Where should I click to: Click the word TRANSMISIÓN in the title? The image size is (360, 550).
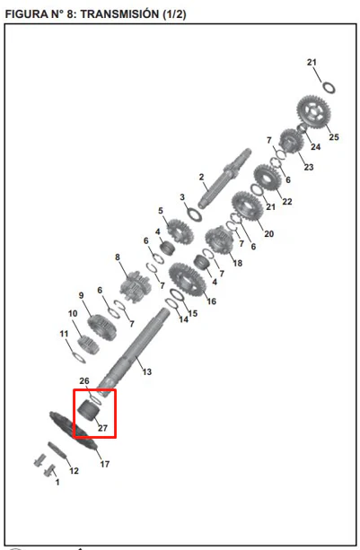[x=119, y=14]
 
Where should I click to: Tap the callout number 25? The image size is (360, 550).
[x=334, y=136]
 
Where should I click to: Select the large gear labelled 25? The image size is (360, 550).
[x=313, y=111]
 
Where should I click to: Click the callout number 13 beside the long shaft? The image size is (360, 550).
[x=146, y=371]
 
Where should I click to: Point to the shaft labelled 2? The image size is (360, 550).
[x=224, y=178]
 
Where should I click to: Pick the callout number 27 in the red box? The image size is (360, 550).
[x=102, y=428]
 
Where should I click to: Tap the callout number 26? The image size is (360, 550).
[x=84, y=381]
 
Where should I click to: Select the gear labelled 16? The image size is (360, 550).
[x=187, y=280]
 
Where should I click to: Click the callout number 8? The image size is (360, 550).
[x=118, y=258]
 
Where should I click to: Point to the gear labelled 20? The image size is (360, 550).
[x=248, y=207]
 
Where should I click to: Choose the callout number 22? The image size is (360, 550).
[x=287, y=201]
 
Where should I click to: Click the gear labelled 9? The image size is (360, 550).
[x=101, y=327]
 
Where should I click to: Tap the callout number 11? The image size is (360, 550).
[x=64, y=334]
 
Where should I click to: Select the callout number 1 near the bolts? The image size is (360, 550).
[x=57, y=483]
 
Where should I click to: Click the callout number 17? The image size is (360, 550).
[x=104, y=464]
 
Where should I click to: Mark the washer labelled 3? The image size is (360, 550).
[x=194, y=214]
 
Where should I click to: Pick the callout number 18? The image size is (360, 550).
[x=238, y=263]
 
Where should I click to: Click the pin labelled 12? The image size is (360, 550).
[x=57, y=450]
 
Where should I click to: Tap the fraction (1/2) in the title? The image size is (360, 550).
[x=174, y=14]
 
